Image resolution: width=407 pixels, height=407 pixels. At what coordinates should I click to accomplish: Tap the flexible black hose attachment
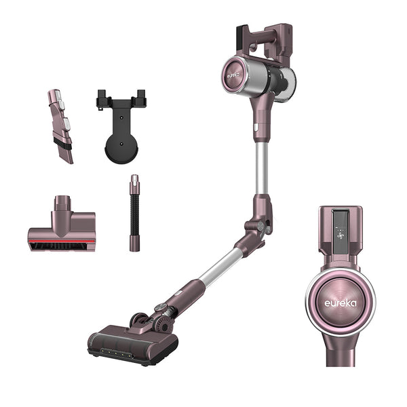point(134,213)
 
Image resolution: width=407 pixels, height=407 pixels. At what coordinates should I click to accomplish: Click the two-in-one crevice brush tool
point(60,126)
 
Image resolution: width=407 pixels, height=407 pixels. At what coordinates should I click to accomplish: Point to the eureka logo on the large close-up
point(341,303)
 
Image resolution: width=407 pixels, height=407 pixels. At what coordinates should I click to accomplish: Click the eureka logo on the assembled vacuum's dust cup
point(233,75)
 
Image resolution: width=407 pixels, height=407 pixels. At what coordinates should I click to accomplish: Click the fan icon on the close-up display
point(341,235)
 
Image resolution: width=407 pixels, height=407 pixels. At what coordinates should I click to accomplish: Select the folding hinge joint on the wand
point(257,229)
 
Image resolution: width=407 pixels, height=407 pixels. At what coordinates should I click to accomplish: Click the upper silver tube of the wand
point(261,168)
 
